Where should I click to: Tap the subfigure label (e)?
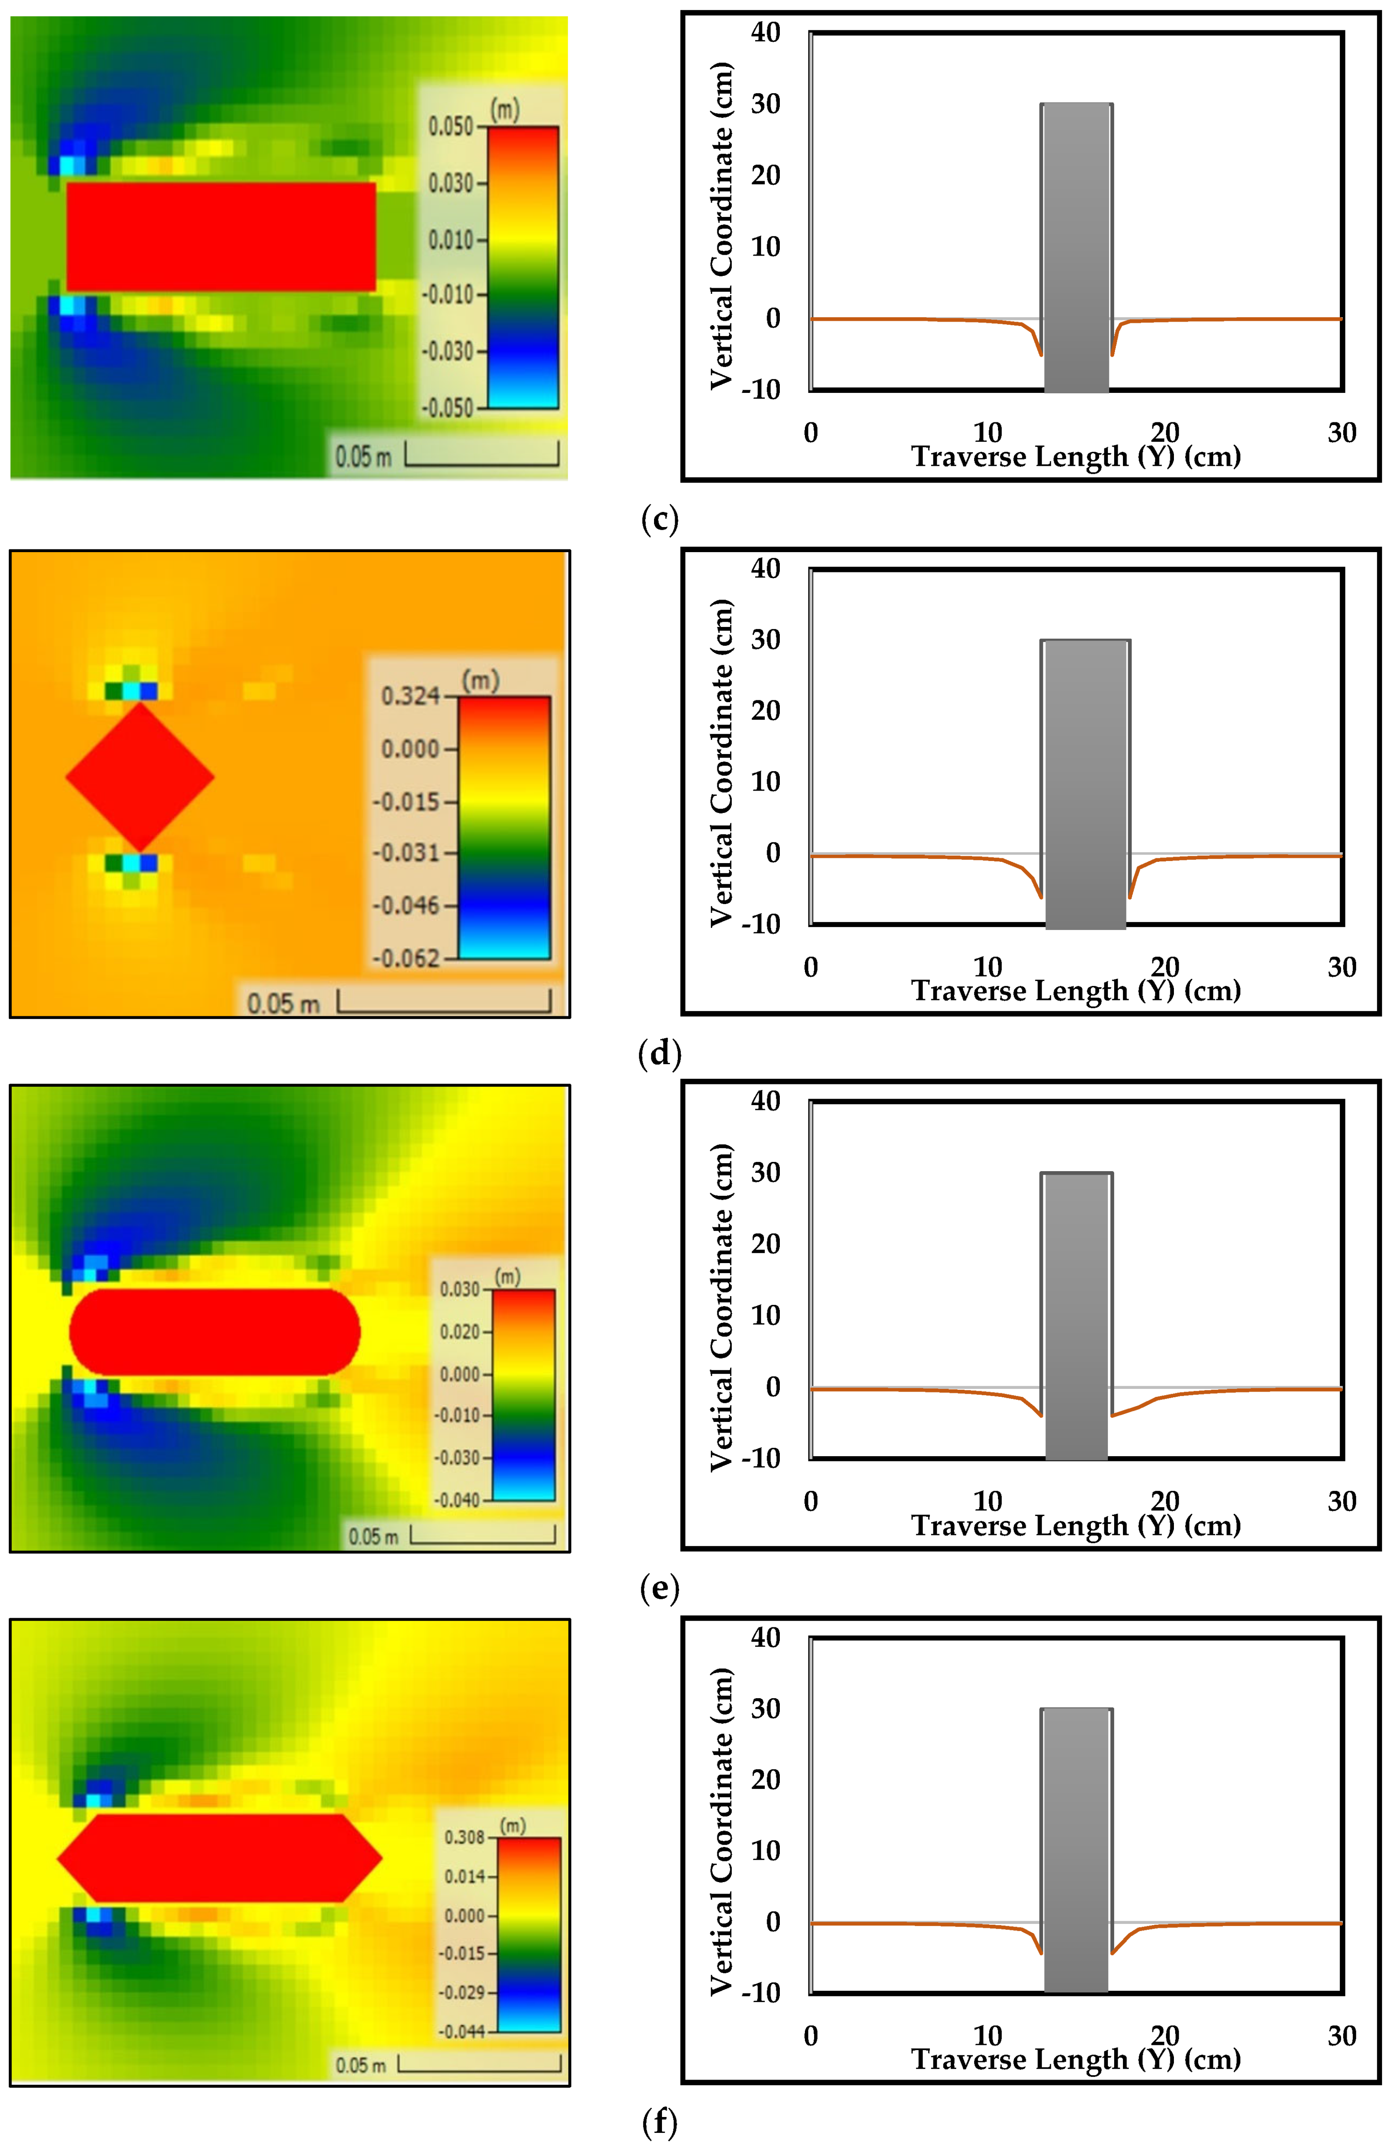[659, 1588]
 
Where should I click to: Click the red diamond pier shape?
[140, 777]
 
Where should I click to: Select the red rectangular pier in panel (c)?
[221, 237]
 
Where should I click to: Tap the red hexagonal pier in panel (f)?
[219, 1858]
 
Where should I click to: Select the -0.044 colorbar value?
[461, 2032]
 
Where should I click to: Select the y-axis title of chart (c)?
[721, 226]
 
